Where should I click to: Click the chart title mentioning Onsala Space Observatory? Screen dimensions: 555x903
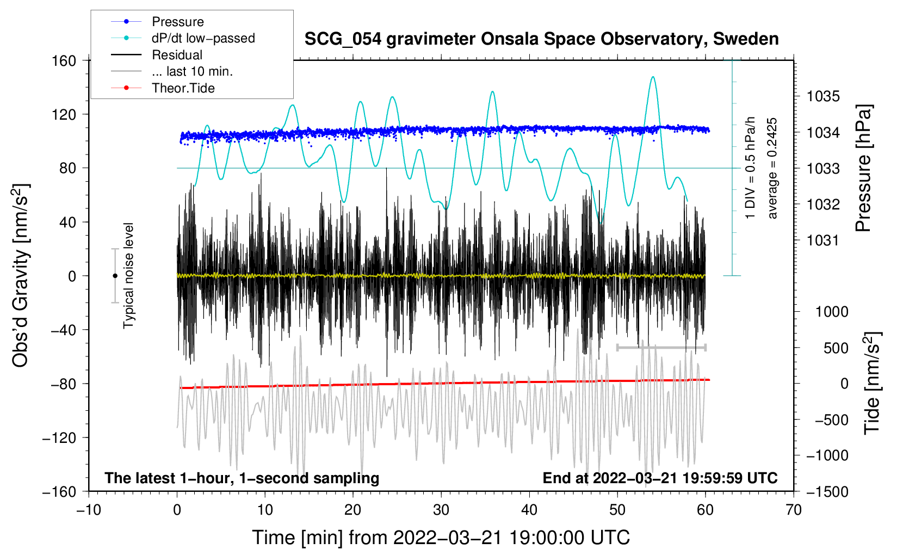pos(541,39)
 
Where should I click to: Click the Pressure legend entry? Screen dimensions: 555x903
pos(177,22)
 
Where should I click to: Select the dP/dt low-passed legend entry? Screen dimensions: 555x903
pos(203,38)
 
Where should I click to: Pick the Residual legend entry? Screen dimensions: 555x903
pos(177,55)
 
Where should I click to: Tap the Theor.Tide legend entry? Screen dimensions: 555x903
pos(183,88)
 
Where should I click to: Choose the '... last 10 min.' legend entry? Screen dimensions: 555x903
pos(192,71)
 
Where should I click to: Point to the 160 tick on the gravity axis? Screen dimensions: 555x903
pos(64,60)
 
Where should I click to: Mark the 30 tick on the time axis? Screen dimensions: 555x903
pos(441,510)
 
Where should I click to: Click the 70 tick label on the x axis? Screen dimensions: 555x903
pos(794,510)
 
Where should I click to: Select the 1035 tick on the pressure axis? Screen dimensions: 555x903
pos(823,96)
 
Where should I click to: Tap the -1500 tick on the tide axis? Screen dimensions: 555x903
pos(827,491)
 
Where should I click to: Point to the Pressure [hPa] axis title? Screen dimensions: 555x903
pos(863,168)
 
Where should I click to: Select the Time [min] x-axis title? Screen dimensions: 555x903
pos(441,538)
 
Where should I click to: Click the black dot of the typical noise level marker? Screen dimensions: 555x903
pos(115,276)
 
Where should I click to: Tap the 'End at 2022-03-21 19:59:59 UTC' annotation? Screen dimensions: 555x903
pos(660,478)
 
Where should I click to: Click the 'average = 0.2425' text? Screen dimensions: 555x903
pos(772,168)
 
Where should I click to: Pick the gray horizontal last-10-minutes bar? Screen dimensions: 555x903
pos(661,347)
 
